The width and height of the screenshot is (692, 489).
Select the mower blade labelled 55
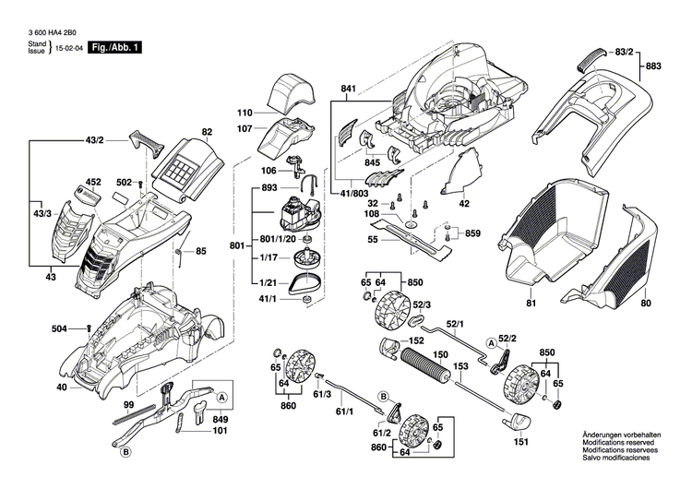coord(414,233)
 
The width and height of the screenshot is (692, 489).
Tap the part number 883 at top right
coord(654,66)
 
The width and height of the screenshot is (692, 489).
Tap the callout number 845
coord(372,163)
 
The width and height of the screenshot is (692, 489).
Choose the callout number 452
coord(93,183)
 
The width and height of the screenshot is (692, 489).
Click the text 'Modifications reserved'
coord(615,443)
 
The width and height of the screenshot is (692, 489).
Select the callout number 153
coord(459,366)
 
